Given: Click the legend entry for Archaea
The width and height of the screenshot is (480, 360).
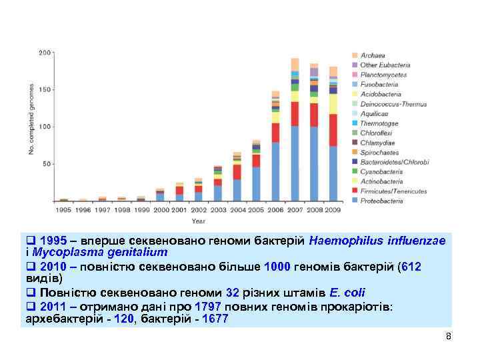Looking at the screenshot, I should pos(372,55).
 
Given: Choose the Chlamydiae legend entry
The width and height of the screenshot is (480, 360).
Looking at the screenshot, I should pos(377,143).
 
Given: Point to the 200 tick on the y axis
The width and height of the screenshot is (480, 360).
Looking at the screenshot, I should pos(45,52).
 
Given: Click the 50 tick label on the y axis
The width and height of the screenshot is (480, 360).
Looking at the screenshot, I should pos(47,164).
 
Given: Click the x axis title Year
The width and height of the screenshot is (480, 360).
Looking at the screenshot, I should pos(199,220).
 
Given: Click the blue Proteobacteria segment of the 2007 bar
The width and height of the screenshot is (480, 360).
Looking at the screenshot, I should pos(295,163).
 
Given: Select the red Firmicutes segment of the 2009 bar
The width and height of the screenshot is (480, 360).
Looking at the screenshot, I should pos(333,130).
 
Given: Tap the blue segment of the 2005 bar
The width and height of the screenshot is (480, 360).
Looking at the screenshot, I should pos(256,183).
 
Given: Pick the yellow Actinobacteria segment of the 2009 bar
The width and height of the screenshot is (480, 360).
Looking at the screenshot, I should pos(333,103).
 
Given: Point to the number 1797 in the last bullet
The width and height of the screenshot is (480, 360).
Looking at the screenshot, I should pos(209,307).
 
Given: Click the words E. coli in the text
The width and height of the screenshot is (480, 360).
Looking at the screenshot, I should pos(346,293).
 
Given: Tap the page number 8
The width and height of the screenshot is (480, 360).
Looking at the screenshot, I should pos(449,336).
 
